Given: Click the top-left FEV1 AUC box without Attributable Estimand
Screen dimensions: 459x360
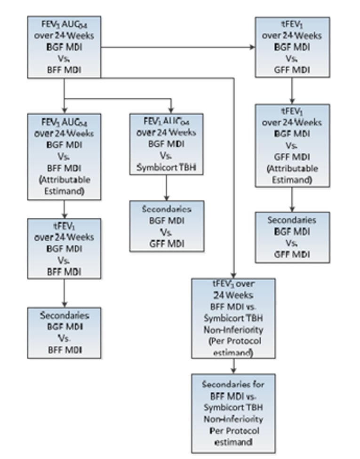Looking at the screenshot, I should click(x=64, y=47).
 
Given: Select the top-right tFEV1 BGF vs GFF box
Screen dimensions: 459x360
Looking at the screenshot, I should click(x=292, y=47).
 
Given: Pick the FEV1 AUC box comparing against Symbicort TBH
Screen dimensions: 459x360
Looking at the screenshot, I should click(x=167, y=144).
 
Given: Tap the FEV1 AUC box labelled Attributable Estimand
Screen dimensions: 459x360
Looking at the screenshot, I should click(x=64, y=156).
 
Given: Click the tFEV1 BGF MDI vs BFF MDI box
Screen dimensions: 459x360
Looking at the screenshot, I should click(x=64, y=248).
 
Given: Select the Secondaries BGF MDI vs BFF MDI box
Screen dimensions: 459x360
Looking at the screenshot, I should click(x=64, y=332).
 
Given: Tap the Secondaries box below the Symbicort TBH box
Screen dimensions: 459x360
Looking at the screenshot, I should click(x=167, y=226).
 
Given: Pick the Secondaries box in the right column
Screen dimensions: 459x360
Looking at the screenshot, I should click(x=292, y=237).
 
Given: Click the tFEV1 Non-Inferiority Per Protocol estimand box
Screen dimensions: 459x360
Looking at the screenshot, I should click(x=233, y=318).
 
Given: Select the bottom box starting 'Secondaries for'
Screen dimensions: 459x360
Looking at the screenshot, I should click(x=233, y=412).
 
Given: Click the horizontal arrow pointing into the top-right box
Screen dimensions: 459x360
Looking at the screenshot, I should click(x=179, y=47).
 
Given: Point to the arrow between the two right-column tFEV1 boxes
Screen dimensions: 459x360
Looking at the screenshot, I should click(x=292, y=90).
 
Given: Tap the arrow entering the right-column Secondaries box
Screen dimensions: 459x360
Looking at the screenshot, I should click(x=292, y=198).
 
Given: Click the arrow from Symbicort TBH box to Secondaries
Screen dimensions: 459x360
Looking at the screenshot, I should click(x=167, y=188).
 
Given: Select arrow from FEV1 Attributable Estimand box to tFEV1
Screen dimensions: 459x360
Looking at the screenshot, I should click(x=64, y=209).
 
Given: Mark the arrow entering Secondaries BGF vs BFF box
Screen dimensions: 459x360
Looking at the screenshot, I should click(x=64, y=293).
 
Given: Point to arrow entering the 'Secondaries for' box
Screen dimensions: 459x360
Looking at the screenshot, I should click(x=233, y=366).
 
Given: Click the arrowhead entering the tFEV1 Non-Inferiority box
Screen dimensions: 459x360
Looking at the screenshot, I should click(x=233, y=275).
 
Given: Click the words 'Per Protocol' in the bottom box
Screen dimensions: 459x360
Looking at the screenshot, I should click(x=233, y=430).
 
